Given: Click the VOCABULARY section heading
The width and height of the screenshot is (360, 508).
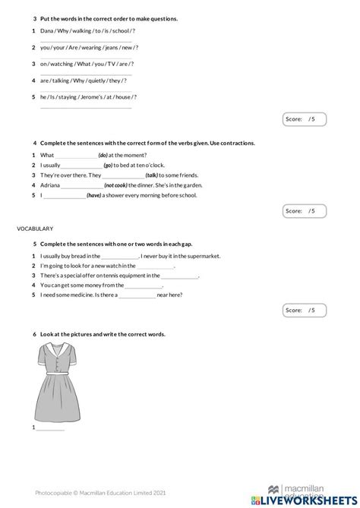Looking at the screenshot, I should pos(34,228).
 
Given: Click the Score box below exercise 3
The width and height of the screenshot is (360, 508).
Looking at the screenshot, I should pos(304,119).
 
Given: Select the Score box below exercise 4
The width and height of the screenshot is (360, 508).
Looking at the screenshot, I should pos(304,210).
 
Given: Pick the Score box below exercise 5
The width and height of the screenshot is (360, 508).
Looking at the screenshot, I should pos(304,310).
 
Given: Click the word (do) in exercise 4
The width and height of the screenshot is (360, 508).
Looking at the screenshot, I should pos(105,154).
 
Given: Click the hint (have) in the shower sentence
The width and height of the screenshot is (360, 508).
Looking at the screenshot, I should pos(94,195).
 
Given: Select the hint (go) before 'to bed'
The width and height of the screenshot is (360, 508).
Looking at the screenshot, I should pos(108,165).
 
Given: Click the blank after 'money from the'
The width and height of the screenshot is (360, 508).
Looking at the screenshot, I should pos(144,286).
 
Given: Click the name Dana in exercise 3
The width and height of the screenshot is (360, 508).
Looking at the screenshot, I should pos(47,31).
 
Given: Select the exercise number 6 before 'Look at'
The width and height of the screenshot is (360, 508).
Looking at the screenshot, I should pos(35,334).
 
